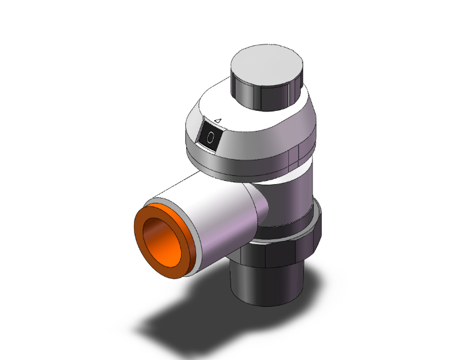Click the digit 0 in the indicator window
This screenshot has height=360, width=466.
210,138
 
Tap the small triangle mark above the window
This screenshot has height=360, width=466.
218,121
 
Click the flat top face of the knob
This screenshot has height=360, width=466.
267,65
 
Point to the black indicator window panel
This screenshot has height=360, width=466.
210,137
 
